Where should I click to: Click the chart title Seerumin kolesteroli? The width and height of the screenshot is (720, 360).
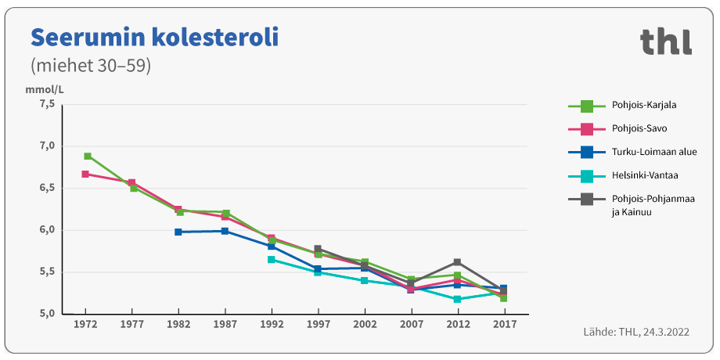(153, 37)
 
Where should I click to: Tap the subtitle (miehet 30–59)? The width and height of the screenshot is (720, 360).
(90, 66)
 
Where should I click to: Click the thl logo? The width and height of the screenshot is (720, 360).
(665, 41)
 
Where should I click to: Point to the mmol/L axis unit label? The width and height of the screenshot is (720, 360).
(45, 90)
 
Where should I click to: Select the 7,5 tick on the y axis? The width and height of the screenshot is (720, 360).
(47, 104)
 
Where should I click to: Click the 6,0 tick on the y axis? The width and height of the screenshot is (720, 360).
(47, 230)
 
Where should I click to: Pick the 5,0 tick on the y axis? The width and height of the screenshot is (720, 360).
(47, 314)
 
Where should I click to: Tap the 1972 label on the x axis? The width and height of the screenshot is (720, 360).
(85, 323)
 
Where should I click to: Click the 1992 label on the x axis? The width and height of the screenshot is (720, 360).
(272, 323)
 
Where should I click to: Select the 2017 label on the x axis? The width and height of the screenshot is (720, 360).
(503, 323)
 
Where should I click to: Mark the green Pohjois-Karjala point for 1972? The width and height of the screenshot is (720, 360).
(88, 157)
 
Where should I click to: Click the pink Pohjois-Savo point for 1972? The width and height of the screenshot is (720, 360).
(85, 174)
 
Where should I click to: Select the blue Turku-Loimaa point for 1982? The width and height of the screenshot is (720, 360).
(178, 232)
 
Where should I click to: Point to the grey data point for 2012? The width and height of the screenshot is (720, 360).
(457, 262)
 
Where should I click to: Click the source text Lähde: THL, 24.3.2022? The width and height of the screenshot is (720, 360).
(635, 332)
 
